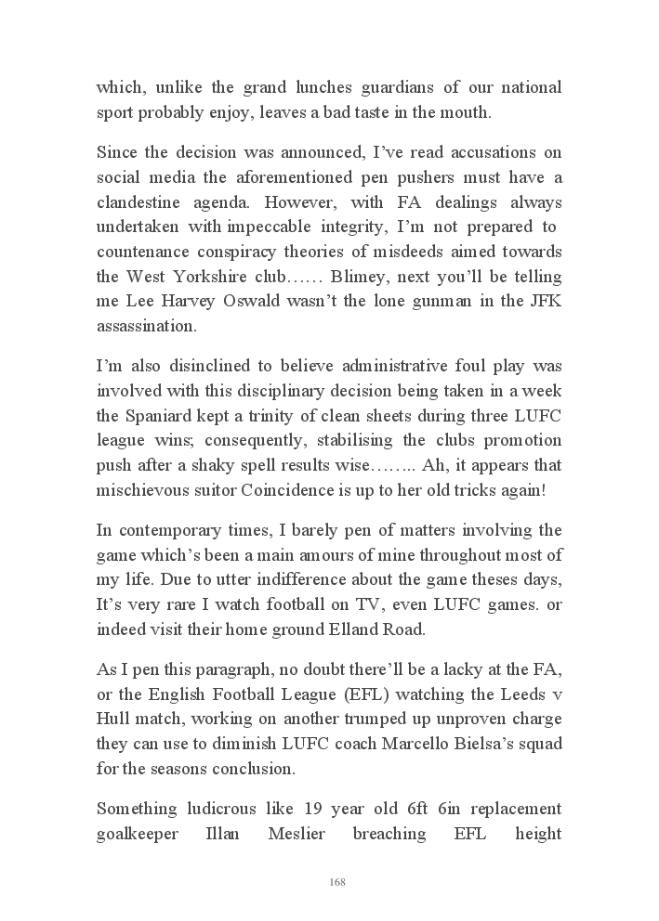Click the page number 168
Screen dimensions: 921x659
pos(337,881)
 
